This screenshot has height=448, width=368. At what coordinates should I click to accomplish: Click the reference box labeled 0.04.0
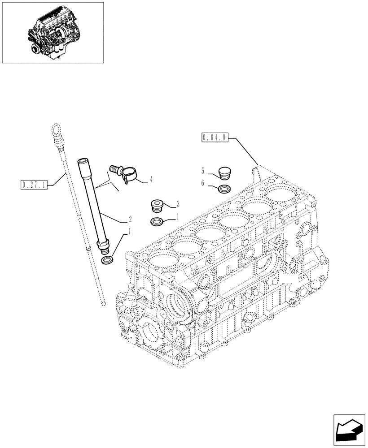coord(215,137)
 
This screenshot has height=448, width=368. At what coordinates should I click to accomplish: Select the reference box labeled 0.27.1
coord(35,184)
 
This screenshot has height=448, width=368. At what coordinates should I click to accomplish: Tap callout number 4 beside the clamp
coord(151,180)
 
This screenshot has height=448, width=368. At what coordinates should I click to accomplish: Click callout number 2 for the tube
coord(130,219)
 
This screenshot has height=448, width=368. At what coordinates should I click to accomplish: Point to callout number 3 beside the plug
coord(178,204)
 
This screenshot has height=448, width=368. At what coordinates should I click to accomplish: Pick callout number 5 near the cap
coord(203,171)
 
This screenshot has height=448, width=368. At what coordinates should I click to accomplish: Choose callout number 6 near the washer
coord(203,183)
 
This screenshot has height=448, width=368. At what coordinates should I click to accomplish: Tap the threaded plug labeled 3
coord(158,207)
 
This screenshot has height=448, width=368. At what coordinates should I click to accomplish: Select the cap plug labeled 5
coord(223,173)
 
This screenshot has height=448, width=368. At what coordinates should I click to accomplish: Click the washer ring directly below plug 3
coord(158,222)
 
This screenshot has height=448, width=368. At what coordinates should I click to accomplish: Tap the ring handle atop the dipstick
coord(56,130)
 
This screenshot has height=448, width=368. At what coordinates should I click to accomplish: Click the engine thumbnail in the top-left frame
coord(53,32)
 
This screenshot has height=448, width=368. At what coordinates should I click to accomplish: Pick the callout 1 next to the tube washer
coord(130,232)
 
